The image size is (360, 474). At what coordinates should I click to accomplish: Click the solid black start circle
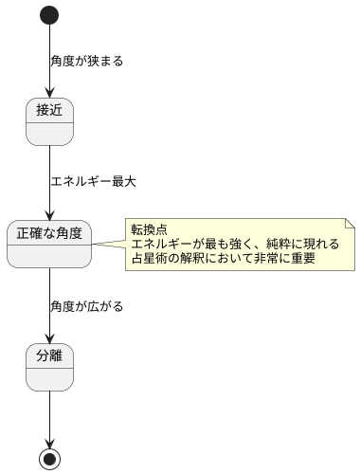(49, 15)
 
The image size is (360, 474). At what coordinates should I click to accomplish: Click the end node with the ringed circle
(49, 458)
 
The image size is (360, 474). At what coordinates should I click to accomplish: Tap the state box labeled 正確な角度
(49, 244)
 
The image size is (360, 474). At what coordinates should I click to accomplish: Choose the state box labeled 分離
(49, 366)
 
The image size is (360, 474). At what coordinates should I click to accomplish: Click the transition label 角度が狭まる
(86, 62)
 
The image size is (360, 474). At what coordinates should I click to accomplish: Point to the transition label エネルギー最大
(93, 182)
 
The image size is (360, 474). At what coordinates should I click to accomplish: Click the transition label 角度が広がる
(86, 306)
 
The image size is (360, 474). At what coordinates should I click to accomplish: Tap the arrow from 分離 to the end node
(49, 417)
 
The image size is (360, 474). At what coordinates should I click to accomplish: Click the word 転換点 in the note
(151, 230)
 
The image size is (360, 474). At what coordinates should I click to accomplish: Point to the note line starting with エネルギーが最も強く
(234, 244)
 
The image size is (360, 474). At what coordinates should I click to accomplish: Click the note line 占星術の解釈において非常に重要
(223, 258)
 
